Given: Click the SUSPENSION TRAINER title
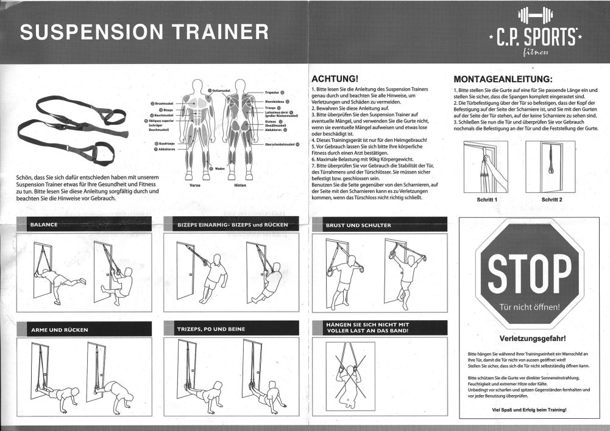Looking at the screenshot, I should [144, 32].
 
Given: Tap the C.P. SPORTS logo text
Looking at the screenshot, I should [536, 38].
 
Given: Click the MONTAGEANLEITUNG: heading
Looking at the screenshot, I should [503, 79].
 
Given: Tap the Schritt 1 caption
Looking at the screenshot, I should [486, 199].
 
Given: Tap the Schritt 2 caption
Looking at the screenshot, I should [551, 199].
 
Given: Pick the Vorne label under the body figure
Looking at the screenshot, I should [195, 185].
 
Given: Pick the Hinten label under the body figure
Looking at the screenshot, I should [239, 185].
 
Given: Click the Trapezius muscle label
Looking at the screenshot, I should [272, 93].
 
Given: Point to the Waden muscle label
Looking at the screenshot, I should [219, 169].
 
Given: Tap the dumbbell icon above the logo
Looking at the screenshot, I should [535, 15].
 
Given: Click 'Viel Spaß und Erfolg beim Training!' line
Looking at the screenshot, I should [528, 410].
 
